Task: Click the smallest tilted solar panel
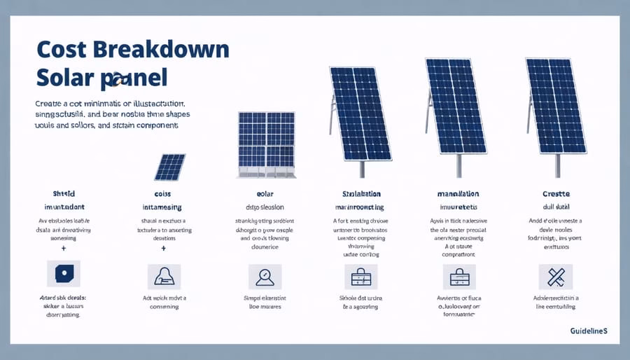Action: [170, 167]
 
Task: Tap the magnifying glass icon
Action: [265, 277]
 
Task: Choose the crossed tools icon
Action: [556, 277]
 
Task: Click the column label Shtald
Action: [64, 194]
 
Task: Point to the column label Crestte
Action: [557, 194]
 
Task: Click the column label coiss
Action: [163, 194]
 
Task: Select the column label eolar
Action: [265, 194]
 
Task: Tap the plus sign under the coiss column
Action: [163, 248]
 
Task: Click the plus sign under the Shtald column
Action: [64, 248]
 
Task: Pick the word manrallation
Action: [459, 194]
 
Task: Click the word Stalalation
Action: [361, 194]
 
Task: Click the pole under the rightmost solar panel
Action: [557, 165]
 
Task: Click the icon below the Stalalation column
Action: [361, 277]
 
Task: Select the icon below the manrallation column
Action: [459, 277]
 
